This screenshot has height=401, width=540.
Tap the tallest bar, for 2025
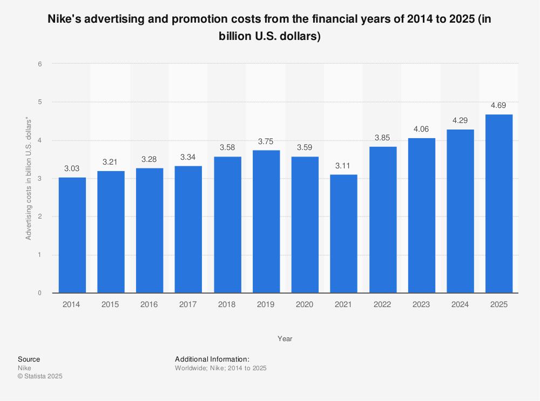tap(499, 203)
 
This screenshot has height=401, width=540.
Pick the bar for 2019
tap(266, 221)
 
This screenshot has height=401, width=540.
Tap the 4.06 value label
tap(421, 130)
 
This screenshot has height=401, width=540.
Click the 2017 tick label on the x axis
tap(188, 305)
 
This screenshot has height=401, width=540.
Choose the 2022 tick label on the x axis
tap(382, 305)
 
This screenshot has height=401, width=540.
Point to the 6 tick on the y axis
tap(40, 64)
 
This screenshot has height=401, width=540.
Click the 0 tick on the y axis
tap(40, 293)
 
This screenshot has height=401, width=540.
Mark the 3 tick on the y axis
tap(40, 179)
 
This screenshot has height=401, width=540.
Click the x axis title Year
tap(285, 339)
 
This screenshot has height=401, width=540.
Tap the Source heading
tap(29, 359)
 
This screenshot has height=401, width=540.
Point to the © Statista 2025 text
tap(40, 376)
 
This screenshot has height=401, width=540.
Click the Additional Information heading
tap(212, 359)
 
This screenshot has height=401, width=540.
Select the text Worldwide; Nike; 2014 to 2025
tap(221, 368)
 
